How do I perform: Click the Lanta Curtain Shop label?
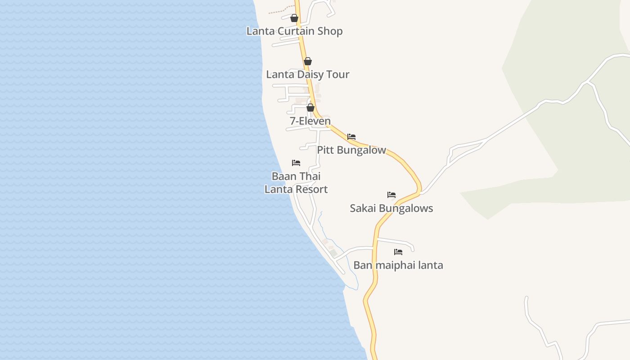click(x=294, y=31)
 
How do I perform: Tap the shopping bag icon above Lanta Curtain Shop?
click(x=294, y=18)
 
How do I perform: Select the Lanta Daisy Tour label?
click(x=307, y=74)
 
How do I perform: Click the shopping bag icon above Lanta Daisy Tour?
click(x=308, y=61)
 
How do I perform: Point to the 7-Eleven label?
click(x=310, y=121)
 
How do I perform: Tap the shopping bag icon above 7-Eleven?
click(x=310, y=108)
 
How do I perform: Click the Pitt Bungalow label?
click(x=351, y=150)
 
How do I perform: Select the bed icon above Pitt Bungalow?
click(x=351, y=137)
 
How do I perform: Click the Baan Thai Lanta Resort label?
click(x=296, y=183)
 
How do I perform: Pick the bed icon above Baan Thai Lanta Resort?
click(x=296, y=163)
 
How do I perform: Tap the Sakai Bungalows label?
click(x=391, y=208)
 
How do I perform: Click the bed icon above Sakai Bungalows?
click(x=391, y=195)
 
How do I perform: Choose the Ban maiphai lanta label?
click(x=398, y=265)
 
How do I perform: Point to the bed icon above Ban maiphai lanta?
click(x=398, y=252)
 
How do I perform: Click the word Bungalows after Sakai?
click(x=405, y=208)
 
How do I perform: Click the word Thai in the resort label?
click(x=310, y=176)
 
